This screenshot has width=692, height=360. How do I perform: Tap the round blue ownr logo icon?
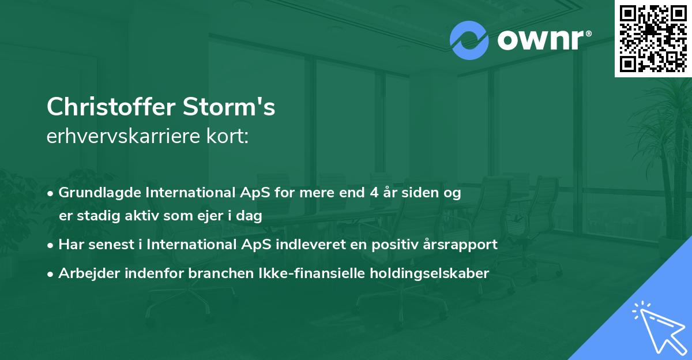469,40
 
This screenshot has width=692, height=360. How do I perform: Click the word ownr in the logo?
539,40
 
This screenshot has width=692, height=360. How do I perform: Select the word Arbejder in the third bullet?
85,273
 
